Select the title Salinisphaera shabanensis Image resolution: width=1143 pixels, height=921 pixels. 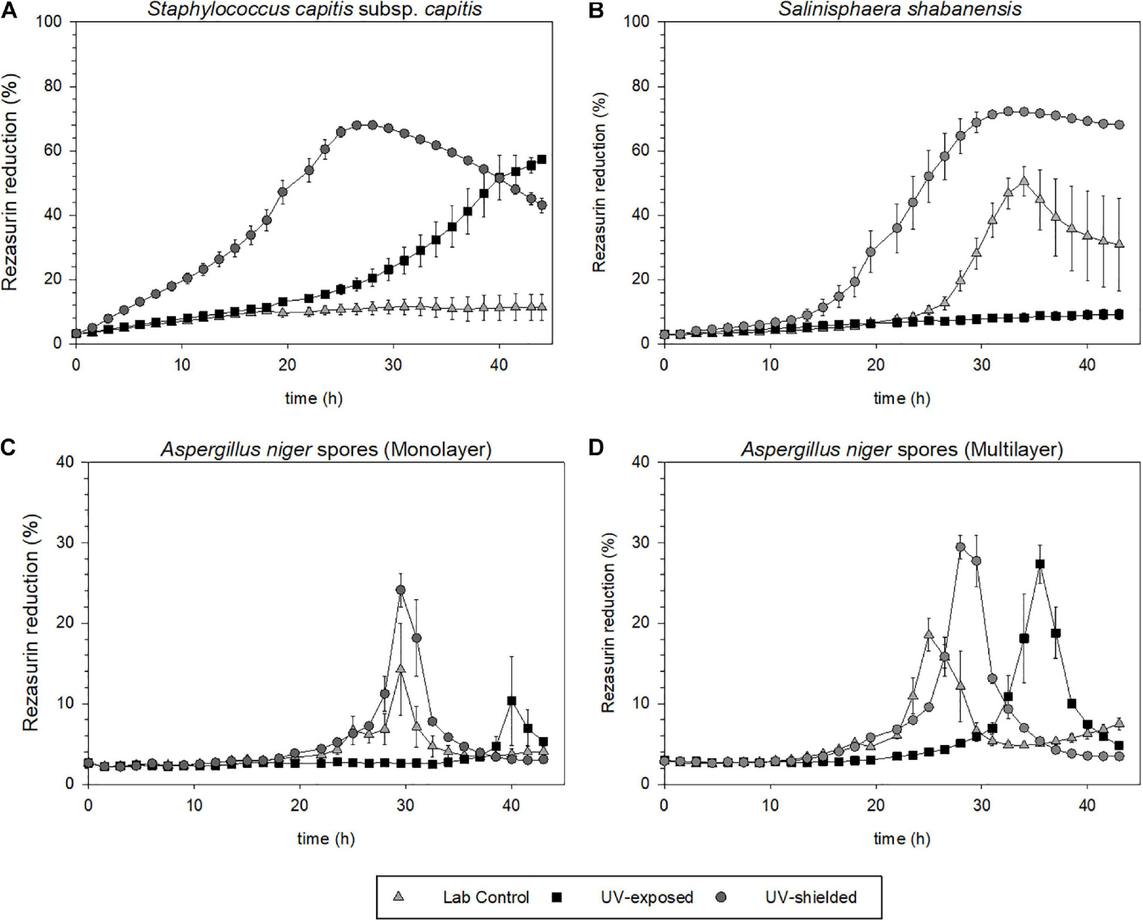click(900, 9)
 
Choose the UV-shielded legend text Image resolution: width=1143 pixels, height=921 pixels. click(811, 897)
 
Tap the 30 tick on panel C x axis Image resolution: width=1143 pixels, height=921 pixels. click(405, 805)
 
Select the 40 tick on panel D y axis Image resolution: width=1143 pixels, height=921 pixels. click(641, 462)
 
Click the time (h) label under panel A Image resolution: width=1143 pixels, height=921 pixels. click(314, 398)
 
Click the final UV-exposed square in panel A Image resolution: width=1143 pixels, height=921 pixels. click(541, 159)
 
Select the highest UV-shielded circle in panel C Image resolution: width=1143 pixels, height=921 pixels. click(401, 589)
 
